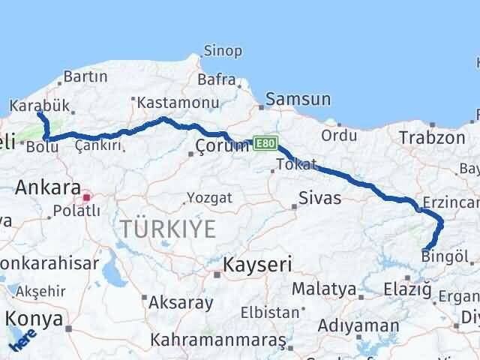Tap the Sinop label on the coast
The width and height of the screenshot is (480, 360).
point(222,51)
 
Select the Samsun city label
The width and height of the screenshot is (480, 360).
point(298,99)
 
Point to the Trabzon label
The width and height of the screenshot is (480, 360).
point(432,137)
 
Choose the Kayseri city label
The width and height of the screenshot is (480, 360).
point(256,264)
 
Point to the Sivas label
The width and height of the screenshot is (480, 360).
point(319,198)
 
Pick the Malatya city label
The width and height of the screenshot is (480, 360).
point(324,289)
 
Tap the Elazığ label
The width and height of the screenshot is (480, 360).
point(406,288)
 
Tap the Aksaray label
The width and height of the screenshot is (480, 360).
point(181,302)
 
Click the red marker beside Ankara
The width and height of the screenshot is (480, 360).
point(86,198)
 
